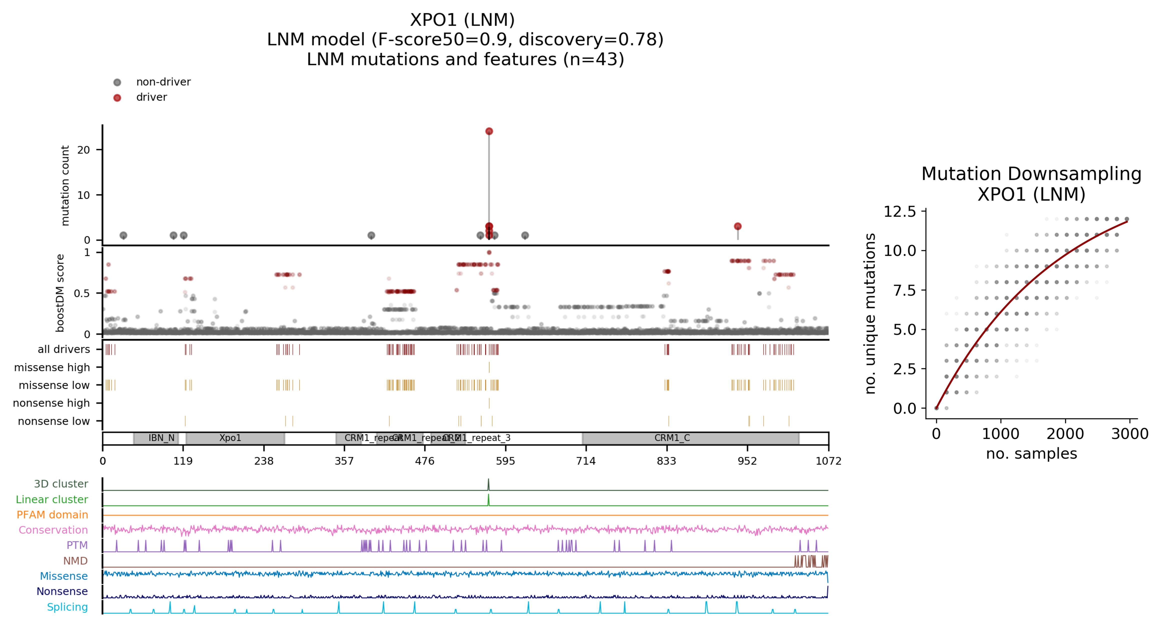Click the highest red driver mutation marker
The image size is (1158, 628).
point(489,131)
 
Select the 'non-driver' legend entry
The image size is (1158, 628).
point(163,82)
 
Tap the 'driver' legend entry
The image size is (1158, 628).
point(152,97)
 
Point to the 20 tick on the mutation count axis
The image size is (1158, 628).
point(84,150)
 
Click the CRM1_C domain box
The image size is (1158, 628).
point(690,438)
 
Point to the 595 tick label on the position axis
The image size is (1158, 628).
point(505,461)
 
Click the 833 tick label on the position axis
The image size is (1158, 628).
point(666,461)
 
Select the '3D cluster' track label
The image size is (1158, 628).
point(61,484)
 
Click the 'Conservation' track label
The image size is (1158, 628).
point(53,530)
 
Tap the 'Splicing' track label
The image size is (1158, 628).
point(68,607)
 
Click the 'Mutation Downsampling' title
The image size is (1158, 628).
point(1031,174)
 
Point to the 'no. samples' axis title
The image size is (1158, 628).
point(1031,454)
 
